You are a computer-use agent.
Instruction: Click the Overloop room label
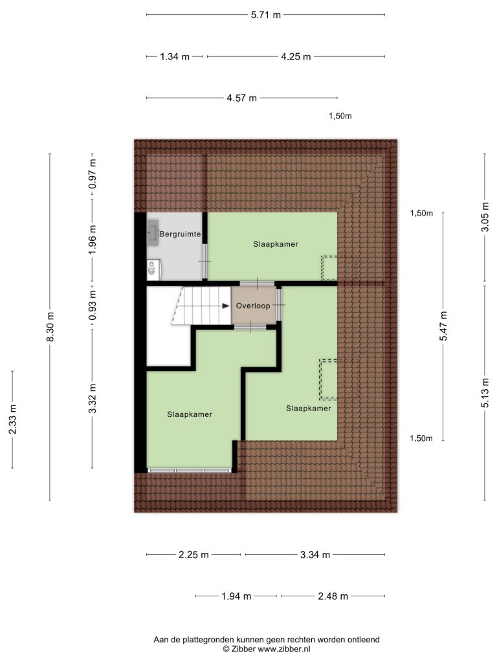253,306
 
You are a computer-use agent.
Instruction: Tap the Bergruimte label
180,234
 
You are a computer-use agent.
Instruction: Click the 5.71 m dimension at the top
266,15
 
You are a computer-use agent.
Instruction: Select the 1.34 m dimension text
175,56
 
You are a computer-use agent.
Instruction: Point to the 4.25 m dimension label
296,56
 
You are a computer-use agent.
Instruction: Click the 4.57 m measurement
242,98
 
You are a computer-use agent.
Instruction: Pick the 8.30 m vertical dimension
50,327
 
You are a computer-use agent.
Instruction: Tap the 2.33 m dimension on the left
13,419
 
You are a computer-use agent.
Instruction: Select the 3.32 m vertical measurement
93,398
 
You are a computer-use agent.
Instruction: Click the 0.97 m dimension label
93,174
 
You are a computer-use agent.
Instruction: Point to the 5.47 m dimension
443,326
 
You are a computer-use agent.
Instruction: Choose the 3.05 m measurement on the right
485,217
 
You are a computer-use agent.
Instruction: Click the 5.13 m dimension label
485,393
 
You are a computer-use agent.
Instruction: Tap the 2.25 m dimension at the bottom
193,555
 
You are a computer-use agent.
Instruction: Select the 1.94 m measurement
236,596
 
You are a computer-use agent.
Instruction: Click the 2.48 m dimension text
333,596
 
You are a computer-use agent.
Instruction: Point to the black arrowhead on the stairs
226,306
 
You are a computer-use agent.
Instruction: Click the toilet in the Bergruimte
152,270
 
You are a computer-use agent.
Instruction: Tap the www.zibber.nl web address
284,649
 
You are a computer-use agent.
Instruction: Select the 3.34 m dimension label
315,555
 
